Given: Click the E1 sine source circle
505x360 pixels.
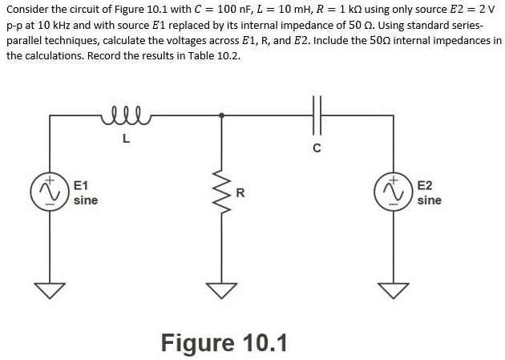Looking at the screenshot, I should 51,193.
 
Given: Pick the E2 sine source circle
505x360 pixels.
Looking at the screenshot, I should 394,193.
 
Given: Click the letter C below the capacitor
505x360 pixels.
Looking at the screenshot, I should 317,147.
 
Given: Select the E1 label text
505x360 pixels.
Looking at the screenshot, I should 81,185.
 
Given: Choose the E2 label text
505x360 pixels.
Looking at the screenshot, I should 425,185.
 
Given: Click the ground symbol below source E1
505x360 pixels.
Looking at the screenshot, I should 51,289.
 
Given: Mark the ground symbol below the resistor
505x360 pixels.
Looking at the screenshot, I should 222,289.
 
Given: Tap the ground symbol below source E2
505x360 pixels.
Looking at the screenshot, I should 394,289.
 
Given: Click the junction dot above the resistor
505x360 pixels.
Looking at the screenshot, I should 222,116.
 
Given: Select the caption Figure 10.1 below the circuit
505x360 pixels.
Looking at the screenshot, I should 224,342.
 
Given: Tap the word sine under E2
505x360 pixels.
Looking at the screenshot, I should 429,200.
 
